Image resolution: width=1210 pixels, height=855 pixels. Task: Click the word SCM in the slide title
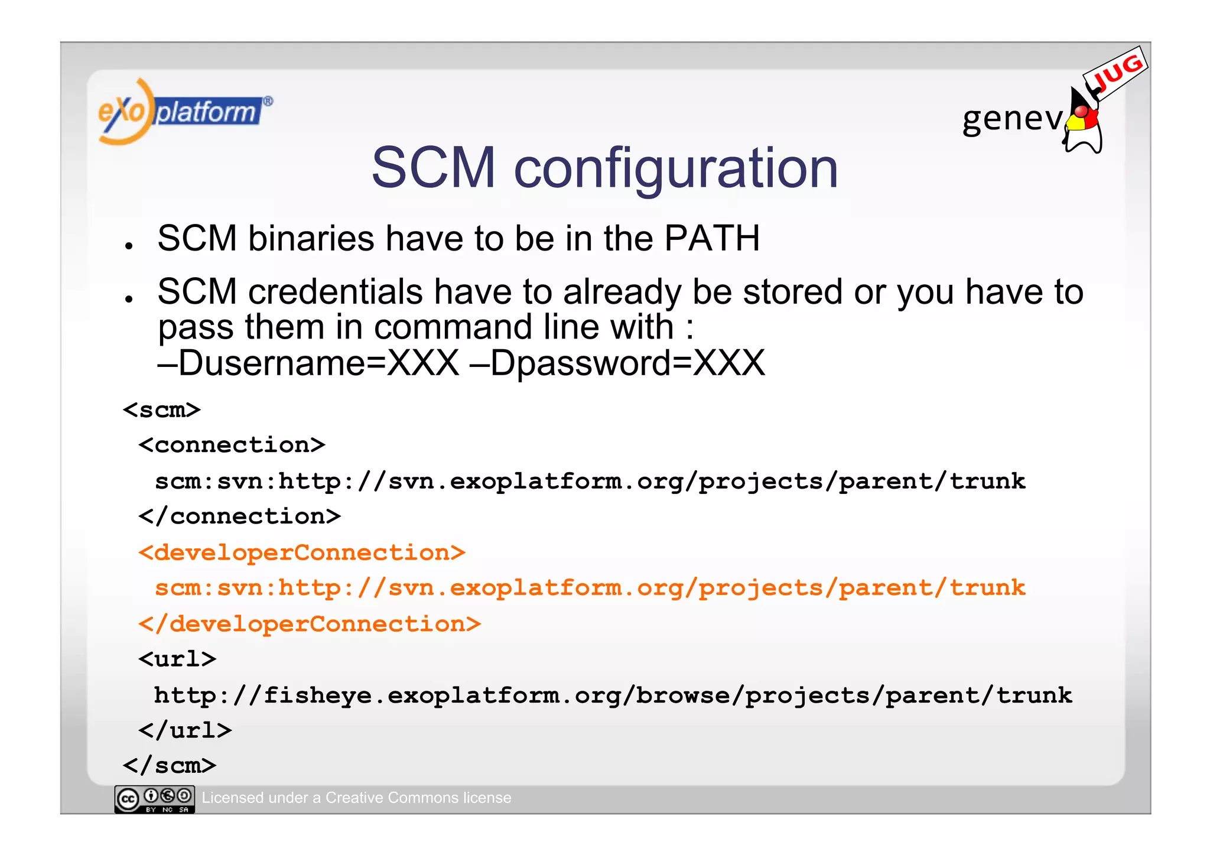tap(433, 168)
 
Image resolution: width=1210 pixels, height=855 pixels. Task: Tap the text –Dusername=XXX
tap(308, 363)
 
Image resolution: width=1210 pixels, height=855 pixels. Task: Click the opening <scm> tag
tap(162, 409)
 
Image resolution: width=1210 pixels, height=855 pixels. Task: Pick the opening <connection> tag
tap(232, 445)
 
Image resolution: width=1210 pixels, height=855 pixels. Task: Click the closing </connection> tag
tap(239, 516)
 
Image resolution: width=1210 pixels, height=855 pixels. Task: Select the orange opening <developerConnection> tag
tap(302, 552)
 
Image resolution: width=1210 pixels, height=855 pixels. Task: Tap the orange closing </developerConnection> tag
tap(310, 624)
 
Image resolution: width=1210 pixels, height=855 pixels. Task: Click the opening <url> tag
tap(177, 659)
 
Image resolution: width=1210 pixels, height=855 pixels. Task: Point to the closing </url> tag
tap(185, 730)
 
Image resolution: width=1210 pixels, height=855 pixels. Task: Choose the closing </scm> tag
tap(170, 766)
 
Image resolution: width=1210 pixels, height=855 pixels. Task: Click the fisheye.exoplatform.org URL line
tap(613, 695)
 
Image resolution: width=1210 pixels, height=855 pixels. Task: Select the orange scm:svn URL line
tap(590, 588)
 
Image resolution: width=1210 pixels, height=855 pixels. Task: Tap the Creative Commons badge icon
tap(154, 799)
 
